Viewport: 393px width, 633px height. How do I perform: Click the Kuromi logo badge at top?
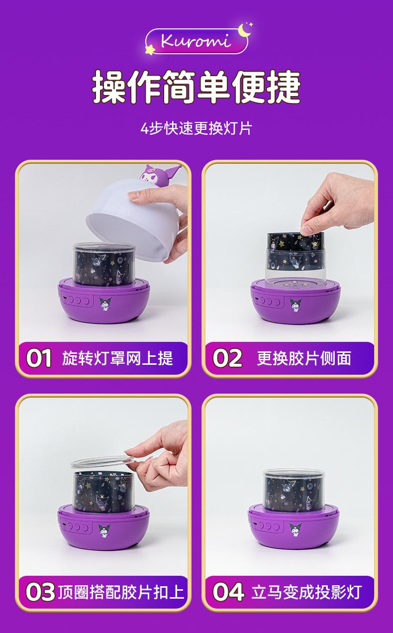[196, 41]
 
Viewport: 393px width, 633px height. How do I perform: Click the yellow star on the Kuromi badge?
[150, 49]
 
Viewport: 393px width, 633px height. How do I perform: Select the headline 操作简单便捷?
[196, 87]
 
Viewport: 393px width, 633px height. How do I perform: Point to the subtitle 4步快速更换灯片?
[196, 129]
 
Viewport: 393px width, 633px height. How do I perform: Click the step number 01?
[39, 358]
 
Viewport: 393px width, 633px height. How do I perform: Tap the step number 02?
[227, 358]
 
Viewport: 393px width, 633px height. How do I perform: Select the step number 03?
[40, 592]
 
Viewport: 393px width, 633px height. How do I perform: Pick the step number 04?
[228, 592]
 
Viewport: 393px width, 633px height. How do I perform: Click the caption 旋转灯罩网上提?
[117, 358]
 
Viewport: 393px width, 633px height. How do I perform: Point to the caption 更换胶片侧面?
[304, 358]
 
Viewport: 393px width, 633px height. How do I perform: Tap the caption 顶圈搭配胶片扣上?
[121, 592]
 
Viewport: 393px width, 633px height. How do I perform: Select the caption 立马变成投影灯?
[306, 592]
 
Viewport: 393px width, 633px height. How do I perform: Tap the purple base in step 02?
[295, 301]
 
